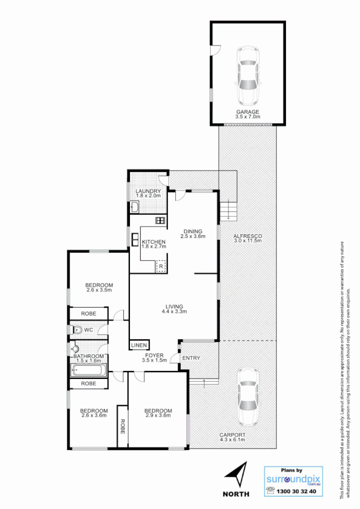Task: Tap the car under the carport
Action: coord(248,397)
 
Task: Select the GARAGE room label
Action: coord(248,112)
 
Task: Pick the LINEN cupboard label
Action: coord(139,345)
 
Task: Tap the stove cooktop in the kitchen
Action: coord(161,221)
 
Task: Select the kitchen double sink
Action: coord(136,240)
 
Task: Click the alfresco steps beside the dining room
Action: coord(227,210)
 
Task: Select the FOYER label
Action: coord(154,356)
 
